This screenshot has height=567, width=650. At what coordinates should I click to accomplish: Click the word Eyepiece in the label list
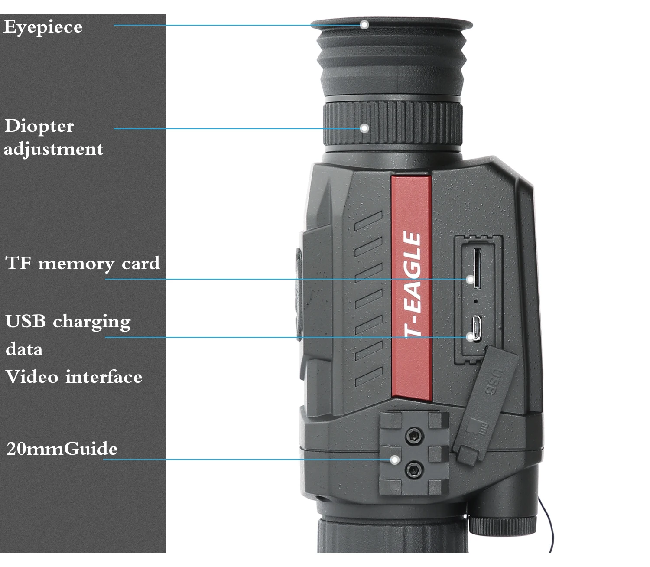(43, 27)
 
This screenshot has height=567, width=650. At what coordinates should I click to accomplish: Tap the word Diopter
(39, 126)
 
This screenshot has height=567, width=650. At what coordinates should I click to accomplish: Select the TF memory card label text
(82, 264)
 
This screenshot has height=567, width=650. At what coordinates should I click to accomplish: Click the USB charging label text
(68, 322)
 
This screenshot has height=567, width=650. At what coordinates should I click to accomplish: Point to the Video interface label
(74, 377)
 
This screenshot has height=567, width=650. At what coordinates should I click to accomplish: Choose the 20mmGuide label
(62, 449)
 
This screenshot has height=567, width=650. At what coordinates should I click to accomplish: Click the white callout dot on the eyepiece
(364, 25)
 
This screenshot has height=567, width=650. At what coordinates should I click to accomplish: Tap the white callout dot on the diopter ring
(364, 128)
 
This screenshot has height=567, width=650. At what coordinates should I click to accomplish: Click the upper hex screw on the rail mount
(415, 435)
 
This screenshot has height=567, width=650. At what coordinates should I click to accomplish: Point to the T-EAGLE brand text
(413, 284)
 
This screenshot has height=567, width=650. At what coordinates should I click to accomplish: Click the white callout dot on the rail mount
(394, 459)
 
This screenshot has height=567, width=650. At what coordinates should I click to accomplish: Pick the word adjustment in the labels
(54, 150)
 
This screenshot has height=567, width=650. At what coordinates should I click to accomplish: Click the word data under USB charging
(24, 349)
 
